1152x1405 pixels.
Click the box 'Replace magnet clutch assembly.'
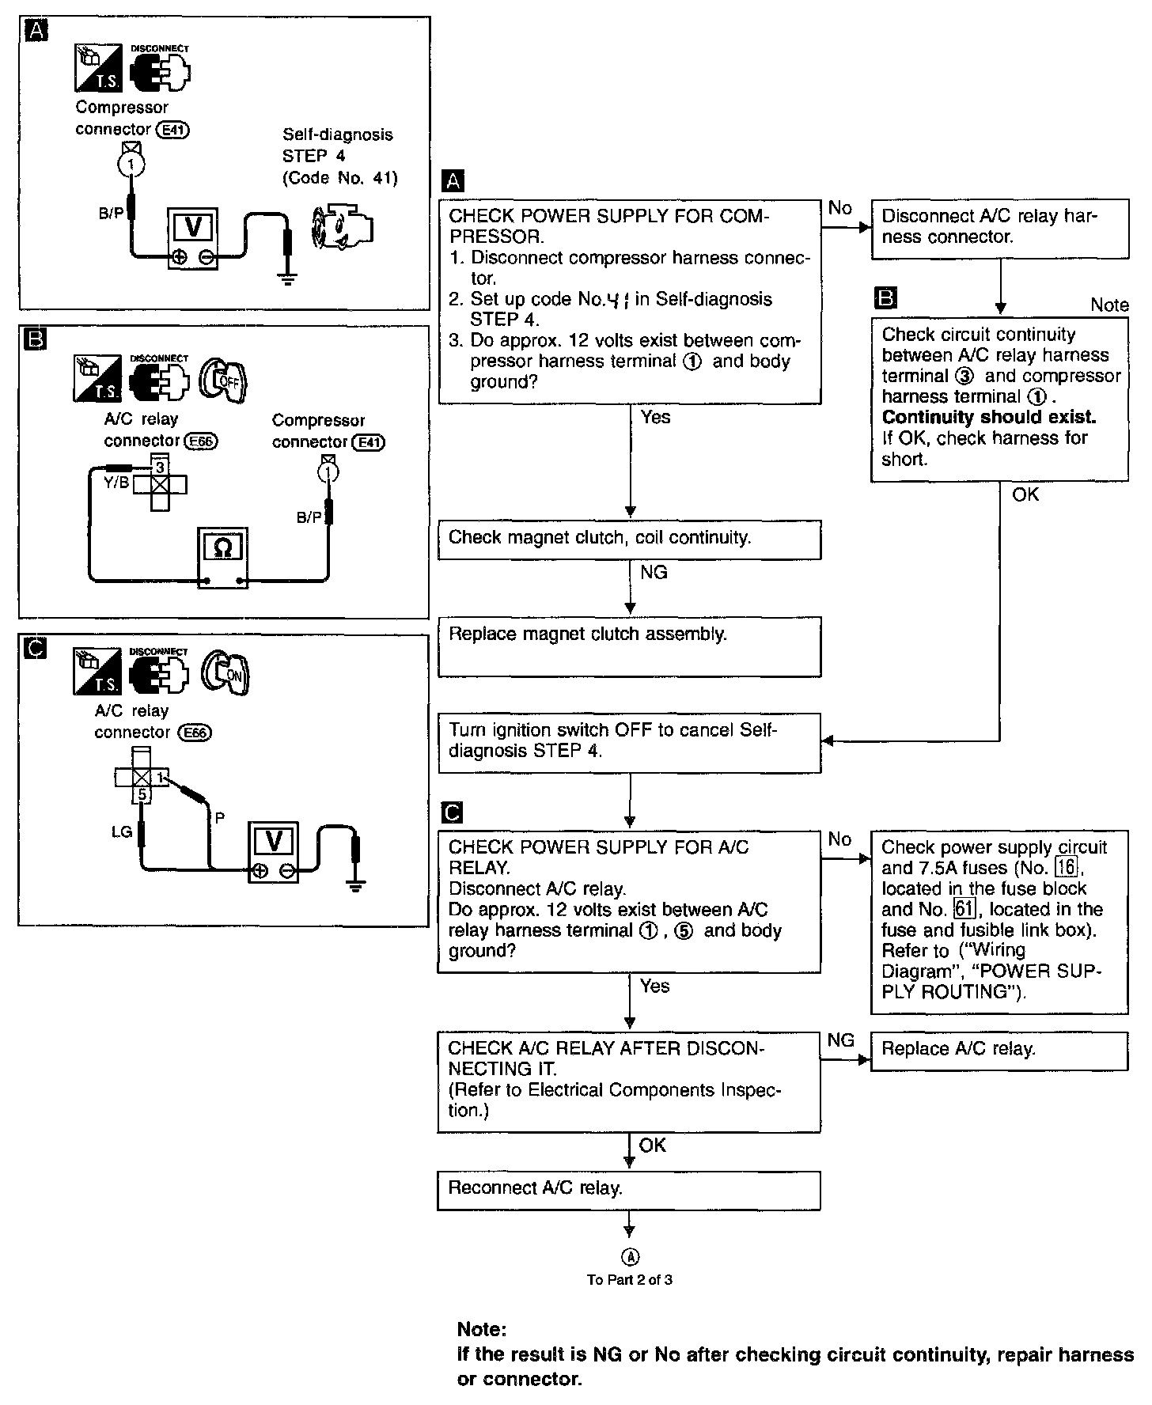coord(629,646)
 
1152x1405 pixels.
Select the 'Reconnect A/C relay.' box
coord(629,1191)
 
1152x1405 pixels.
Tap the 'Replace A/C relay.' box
coord(999,1051)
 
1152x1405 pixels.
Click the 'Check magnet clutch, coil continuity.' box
coord(629,540)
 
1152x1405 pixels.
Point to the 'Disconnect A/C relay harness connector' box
coord(1000,229)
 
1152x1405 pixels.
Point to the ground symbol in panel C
coord(356,884)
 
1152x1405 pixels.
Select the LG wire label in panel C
coord(121,831)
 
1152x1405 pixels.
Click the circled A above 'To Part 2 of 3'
coord(631,1256)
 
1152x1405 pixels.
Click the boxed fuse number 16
coord(1067,868)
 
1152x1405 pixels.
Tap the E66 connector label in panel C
coord(195,733)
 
